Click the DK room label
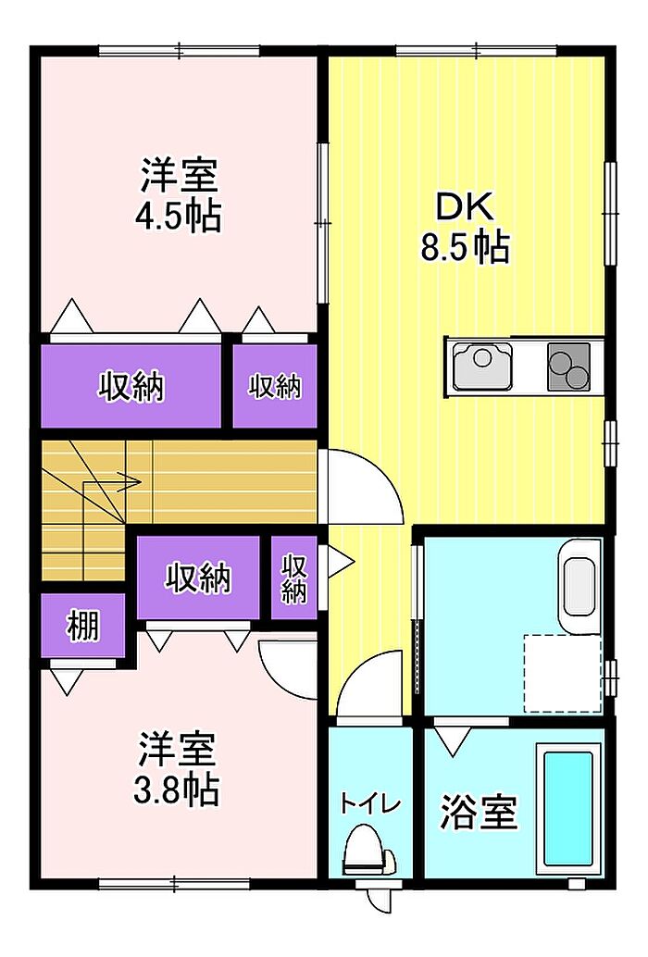coord(465,207)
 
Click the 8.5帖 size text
coord(465,245)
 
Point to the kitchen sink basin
coord(482,365)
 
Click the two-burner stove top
coord(568,367)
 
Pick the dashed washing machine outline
coord(563,673)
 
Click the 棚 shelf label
coord(83,626)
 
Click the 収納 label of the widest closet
coord(131,386)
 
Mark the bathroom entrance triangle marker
coord(452,741)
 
